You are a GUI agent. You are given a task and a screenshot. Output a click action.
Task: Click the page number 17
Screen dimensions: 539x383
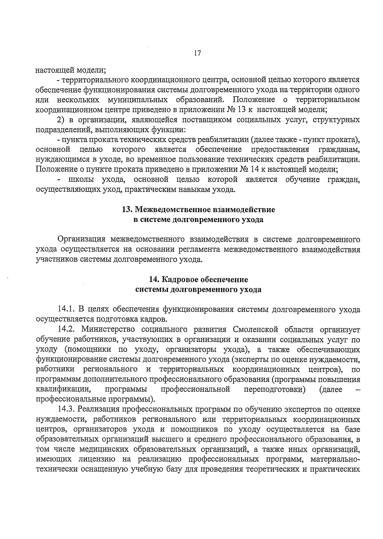[197, 53]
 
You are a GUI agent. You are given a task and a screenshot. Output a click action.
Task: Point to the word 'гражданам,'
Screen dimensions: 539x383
[339, 149]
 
